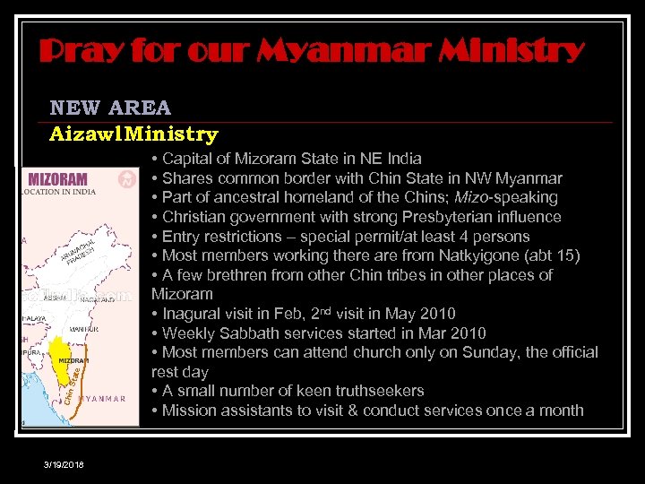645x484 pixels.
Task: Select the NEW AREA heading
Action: [x=110, y=108]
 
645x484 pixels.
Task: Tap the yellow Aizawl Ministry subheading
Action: [x=133, y=134]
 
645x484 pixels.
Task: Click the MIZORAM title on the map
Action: [x=58, y=178]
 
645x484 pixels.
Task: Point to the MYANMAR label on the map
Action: [x=102, y=398]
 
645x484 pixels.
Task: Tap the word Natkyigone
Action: [x=481, y=255]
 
